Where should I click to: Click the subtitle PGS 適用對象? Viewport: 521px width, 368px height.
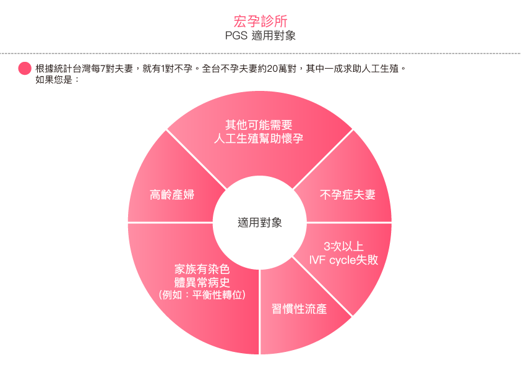[260, 36]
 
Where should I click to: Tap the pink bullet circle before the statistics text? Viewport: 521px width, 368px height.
[25, 69]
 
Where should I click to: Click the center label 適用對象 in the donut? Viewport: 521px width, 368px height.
[260, 223]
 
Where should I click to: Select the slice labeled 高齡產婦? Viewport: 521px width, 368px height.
[172, 195]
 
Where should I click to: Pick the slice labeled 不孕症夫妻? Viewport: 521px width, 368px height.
[347, 195]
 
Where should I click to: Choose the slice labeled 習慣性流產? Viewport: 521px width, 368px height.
[299, 309]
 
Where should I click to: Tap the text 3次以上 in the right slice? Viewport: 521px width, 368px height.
[343, 247]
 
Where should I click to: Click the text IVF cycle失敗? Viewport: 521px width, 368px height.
[343, 260]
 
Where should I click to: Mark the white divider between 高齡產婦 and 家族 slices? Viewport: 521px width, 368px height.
[170, 222]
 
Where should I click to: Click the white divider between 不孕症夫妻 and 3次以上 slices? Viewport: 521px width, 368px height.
[350, 222]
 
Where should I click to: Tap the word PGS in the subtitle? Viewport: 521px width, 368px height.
[237, 36]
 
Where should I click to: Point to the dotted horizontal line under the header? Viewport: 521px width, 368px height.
[260, 54]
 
